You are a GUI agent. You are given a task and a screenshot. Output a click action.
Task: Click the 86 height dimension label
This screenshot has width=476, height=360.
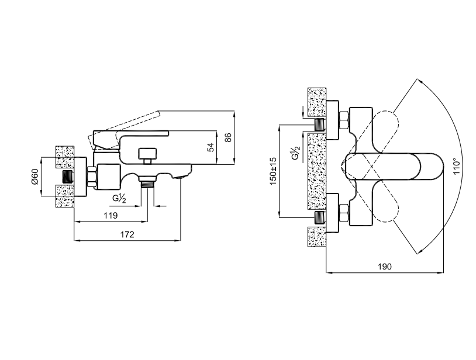click(x=229, y=137)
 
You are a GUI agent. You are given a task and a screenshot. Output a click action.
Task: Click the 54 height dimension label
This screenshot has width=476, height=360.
click(x=211, y=147)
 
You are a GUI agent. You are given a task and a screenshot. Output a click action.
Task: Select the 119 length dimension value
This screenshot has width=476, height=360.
click(x=111, y=216)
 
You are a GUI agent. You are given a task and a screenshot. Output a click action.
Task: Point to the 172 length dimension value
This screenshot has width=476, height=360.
click(x=127, y=234)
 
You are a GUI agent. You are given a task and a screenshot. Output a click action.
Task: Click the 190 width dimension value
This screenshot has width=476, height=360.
click(x=385, y=266)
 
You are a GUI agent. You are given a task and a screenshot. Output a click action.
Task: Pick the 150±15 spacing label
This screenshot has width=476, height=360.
click(x=273, y=171)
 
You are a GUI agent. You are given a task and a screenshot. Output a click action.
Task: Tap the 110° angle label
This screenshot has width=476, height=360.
click(x=457, y=166)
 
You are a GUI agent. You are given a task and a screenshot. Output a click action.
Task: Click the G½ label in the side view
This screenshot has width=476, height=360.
click(x=119, y=199)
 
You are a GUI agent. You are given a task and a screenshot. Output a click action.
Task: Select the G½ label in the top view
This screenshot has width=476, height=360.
click(x=295, y=153)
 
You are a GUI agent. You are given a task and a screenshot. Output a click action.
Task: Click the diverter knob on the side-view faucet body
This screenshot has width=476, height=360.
click(x=147, y=156)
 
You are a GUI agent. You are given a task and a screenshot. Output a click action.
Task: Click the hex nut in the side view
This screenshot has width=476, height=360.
click(x=92, y=176)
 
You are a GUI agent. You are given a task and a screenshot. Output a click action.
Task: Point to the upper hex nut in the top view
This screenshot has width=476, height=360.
click(x=344, y=120)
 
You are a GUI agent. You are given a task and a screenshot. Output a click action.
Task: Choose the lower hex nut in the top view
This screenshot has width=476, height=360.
click(x=344, y=213)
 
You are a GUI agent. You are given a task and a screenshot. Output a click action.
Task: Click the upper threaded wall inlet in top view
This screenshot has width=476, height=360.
click(x=320, y=124)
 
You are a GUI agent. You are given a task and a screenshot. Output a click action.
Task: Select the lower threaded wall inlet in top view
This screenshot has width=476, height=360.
click(x=320, y=217)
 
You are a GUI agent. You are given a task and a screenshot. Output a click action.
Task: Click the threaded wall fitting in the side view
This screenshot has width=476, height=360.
click(x=68, y=176)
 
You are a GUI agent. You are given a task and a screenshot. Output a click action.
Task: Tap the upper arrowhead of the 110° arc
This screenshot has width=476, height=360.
click(x=419, y=81)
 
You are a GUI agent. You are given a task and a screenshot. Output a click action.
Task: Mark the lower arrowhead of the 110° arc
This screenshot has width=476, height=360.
click(x=419, y=252)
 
